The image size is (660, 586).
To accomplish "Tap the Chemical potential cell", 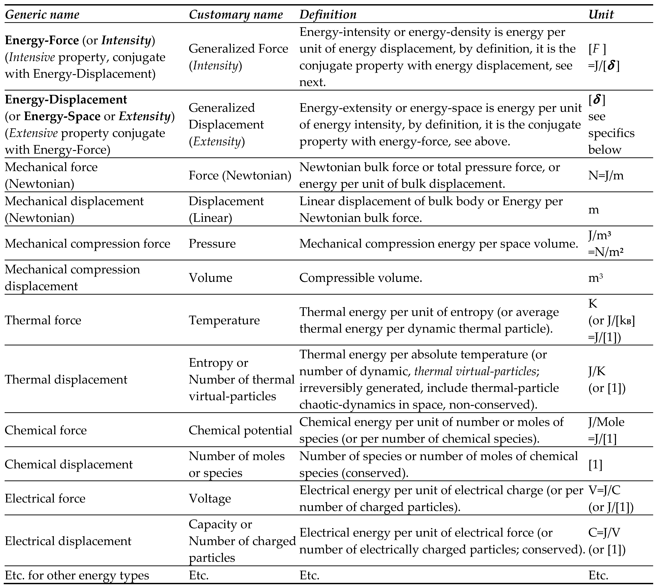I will pyautogui.click(x=240, y=430).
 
